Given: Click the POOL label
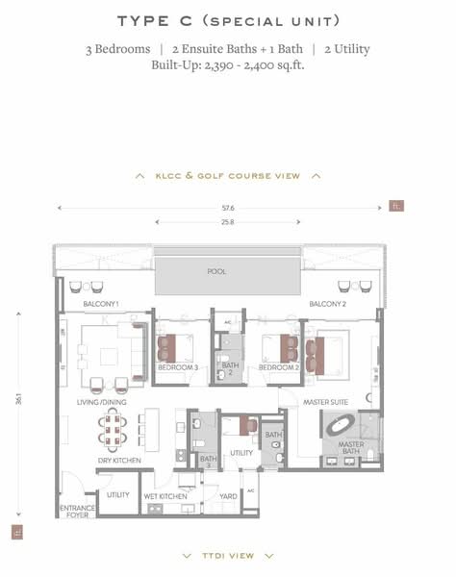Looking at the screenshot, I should pyautogui.click(x=216, y=271).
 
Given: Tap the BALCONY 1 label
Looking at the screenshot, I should pyautogui.click(x=100, y=304).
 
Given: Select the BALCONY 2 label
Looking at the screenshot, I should pyautogui.click(x=328, y=304).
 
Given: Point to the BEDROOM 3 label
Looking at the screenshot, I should pyautogui.click(x=178, y=367).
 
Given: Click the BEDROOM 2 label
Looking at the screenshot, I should pyautogui.click(x=279, y=367).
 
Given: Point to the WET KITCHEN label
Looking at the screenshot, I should pyautogui.click(x=165, y=495).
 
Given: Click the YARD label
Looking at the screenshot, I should pyautogui.click(x=228, y=495).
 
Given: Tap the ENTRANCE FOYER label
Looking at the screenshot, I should pyautogui.click(x=77, y=511).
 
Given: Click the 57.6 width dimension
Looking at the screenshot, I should pyautogui.click(x=228, y=207).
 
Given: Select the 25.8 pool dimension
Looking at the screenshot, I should pyautogui.click(x=228, y=222).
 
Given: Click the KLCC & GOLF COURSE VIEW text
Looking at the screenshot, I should pyautogui.click(x=227, y=176).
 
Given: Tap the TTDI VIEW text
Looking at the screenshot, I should pyautogui.click(x=228, y=555).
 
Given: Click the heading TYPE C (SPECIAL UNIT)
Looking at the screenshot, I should pyautogui.click(x=228, y=20).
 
